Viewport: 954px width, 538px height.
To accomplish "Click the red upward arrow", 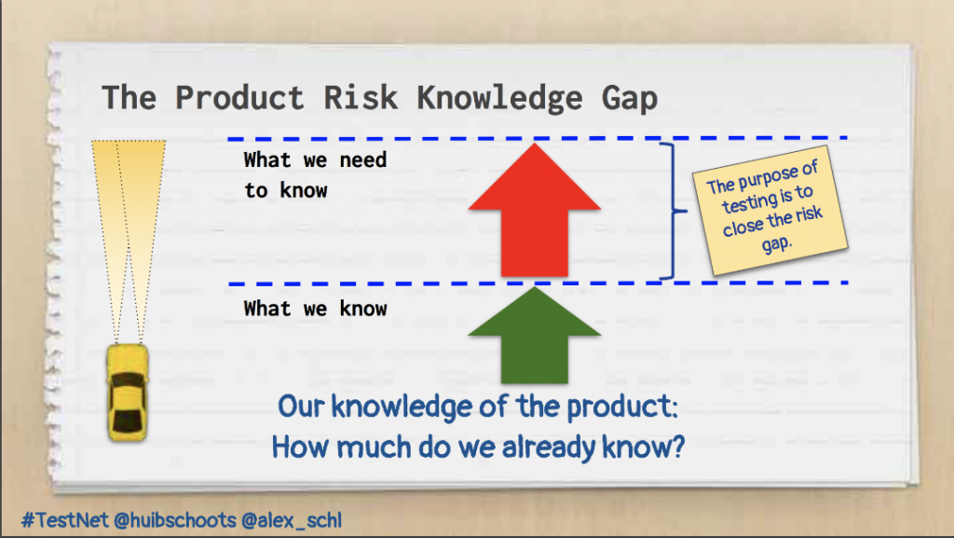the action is click(534, 210).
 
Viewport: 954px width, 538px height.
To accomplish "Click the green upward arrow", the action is click(534, 336).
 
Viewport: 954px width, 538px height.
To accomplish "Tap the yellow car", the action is click(127, 392).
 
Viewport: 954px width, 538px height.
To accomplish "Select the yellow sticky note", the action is click(770, 210).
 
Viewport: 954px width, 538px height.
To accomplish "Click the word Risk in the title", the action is click(361, 98).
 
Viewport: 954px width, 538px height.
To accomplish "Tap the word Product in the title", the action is click(239, 98).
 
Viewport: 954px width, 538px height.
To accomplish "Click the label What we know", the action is click(315, 309).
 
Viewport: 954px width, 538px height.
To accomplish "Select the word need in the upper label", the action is click(363, 160).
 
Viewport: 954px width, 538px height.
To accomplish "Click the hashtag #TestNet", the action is click(64, 520).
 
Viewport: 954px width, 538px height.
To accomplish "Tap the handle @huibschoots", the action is click(175, 520).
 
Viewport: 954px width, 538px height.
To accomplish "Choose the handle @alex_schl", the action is click(292, 520).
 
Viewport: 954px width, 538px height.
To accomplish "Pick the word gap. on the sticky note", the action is click(777, 244).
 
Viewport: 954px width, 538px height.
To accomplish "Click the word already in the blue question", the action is click(549, 448).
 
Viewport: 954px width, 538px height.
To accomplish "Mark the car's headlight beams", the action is click(129, 241).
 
